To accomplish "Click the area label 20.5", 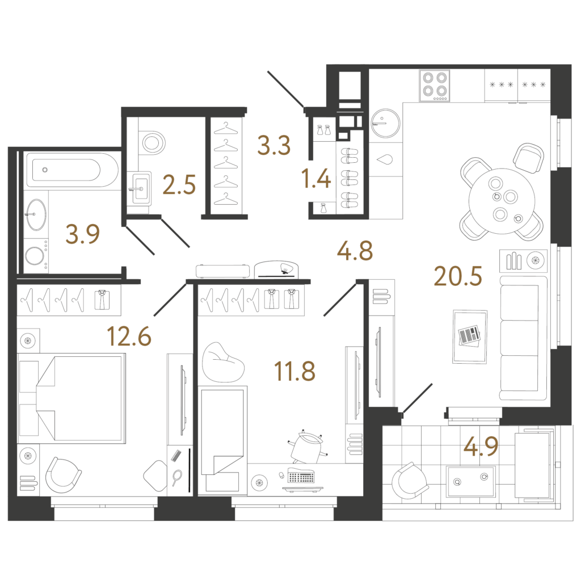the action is click(458, 276).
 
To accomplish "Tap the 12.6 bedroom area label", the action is click(129, 336).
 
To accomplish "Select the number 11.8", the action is click(294, 371).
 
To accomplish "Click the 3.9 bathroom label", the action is click(83, 234).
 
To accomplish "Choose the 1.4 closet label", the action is click(316, 178).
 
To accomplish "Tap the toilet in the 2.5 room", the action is click(152, 142).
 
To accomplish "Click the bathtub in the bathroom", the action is click(72, 170).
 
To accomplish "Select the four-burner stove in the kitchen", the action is click(434, 86).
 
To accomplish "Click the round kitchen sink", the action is click(385, 123).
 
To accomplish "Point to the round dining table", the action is click(502, 201).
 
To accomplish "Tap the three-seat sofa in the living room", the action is click(523, 338).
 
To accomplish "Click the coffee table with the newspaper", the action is click(469, 336).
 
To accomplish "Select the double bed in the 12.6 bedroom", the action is click(71, 398).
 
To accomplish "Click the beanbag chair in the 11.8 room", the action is click(222, 363).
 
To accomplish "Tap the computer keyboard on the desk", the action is click(301, 476).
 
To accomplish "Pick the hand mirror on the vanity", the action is click(177, 477).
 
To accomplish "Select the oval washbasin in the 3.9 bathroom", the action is click(36, 214).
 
